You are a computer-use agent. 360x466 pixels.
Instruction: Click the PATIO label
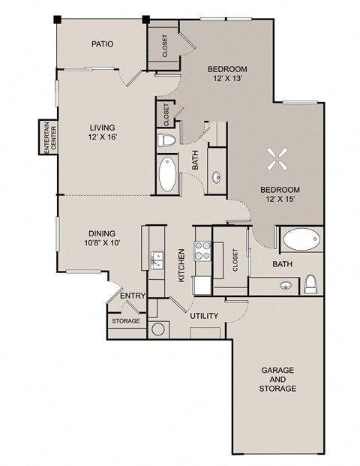tap(102, 44)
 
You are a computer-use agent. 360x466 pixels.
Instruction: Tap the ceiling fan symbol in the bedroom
tap(271, 158)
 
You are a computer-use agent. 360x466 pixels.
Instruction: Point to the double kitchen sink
tap(157, 260)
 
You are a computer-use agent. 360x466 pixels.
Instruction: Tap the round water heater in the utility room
tap(158, 328)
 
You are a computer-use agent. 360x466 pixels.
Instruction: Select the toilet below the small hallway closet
tap(166, 140)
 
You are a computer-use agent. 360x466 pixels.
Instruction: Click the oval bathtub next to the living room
tap(168, 176)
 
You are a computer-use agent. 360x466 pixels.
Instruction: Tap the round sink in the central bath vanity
tap(217, 177)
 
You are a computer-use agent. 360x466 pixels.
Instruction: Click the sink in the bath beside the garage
tap(285, 285)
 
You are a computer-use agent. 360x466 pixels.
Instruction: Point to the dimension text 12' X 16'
tap(102, 136)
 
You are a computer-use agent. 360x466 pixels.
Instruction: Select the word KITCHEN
tap(181, 265)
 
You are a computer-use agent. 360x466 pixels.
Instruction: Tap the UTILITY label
tap(203, 317)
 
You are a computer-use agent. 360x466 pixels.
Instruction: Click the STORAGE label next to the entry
tap(126, 320)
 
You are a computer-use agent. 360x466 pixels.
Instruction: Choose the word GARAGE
tap(277, 371)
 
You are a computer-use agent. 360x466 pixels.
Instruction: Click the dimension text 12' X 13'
tap(227, 78)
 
